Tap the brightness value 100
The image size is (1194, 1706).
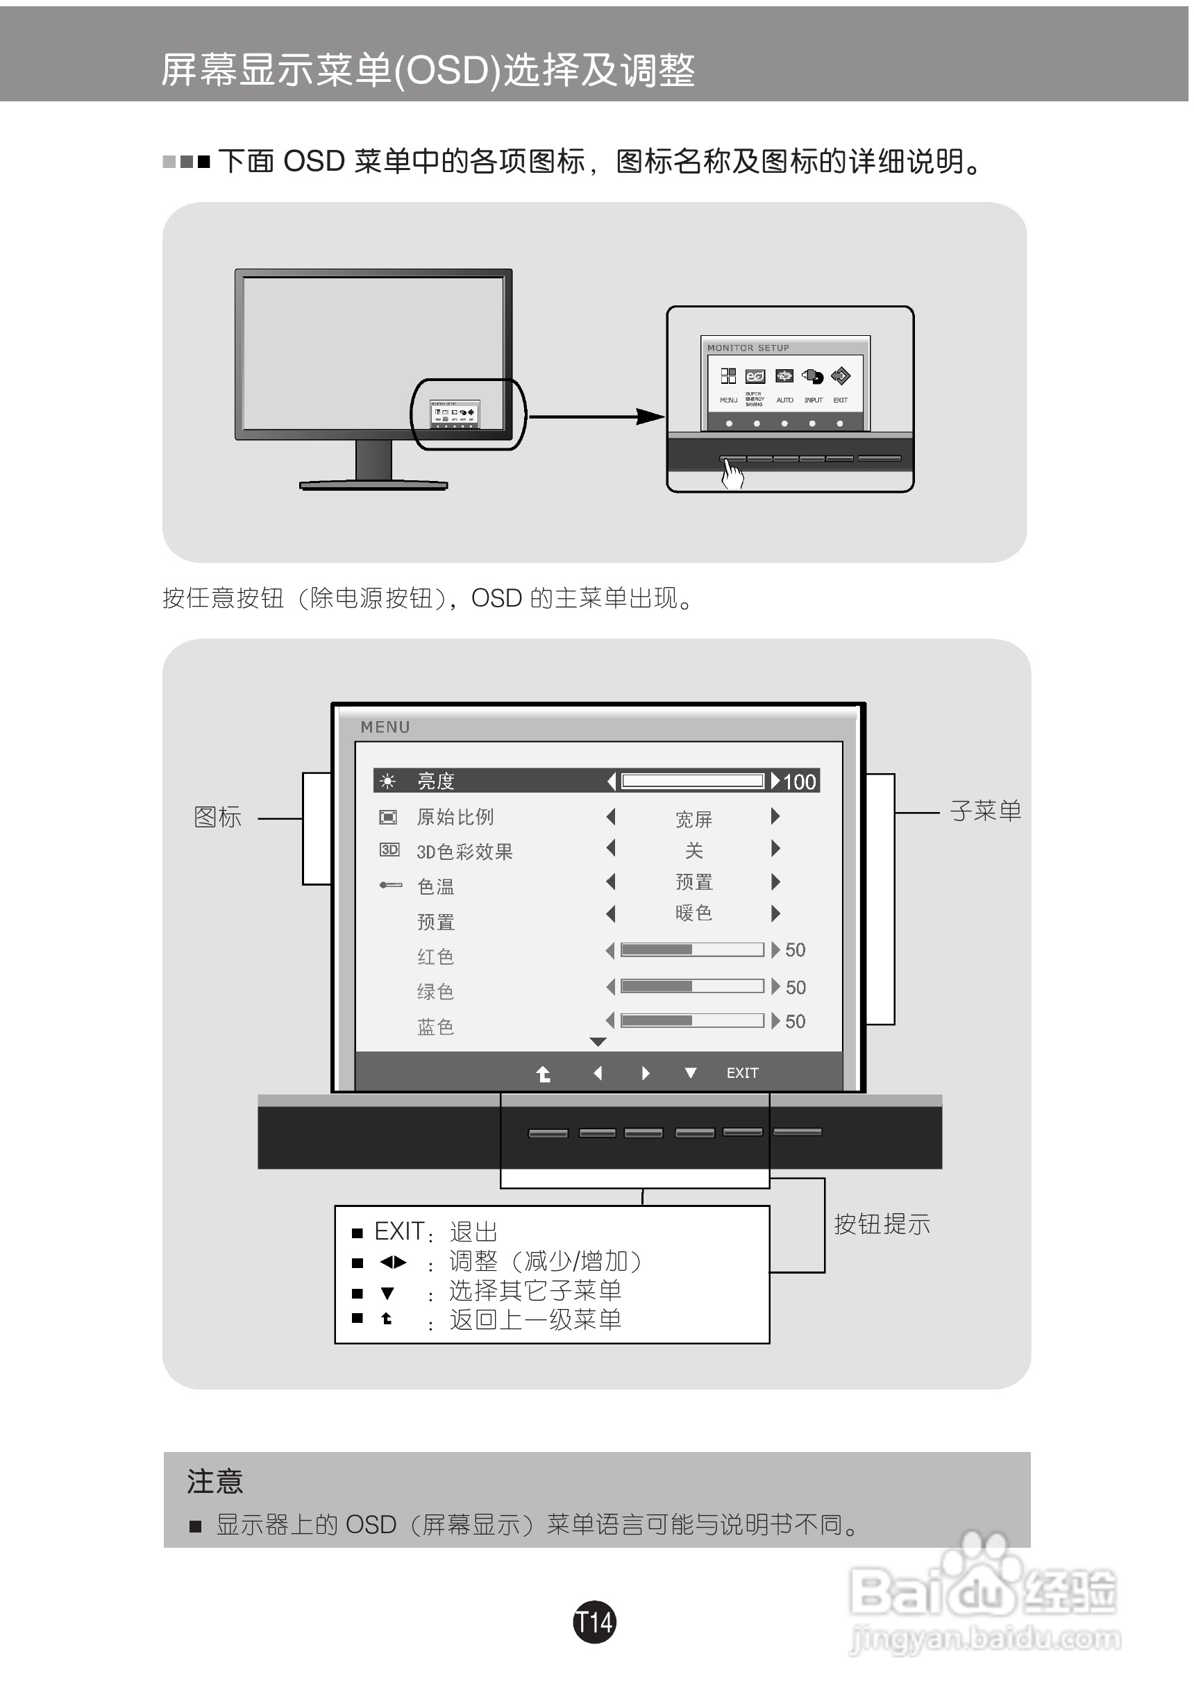(x=800, y=782)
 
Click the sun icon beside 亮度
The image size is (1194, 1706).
(x=387, y=781)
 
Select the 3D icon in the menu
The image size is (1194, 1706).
(x=389, y=850)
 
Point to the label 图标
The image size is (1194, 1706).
(x=218, y=818)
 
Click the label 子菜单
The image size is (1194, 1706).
(x=985, y=811)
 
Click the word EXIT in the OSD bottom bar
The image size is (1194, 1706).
(x=742, y=1073)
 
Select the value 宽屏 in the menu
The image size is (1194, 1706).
(x=694, y=819)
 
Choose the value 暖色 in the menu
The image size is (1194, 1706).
(x=694, y=913)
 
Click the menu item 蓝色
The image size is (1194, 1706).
(x=435, y=1027)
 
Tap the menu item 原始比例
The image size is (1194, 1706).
(x=455, y=818)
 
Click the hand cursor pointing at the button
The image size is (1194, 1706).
(x=732, y=473)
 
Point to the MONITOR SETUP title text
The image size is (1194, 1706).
(x=748, y=348)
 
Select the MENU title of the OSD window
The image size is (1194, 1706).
(x=385, y=727)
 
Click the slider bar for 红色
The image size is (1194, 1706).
(x=691, y=949)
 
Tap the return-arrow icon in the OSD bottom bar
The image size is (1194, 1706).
(x=544, y=1074)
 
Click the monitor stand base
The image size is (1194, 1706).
(x=373, y=485)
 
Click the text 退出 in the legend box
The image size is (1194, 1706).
(x=473, y=1232)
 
